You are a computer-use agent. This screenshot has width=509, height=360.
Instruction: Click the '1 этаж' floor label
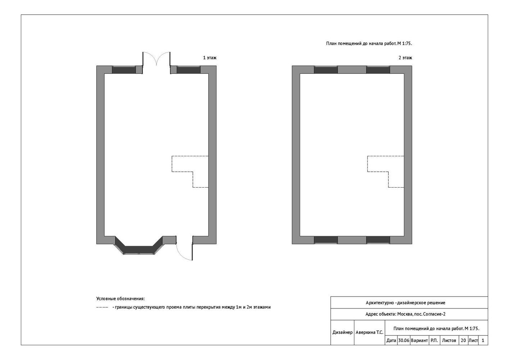[x=209, y=58]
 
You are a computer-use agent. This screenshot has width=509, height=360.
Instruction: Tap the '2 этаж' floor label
[x=405, y=58]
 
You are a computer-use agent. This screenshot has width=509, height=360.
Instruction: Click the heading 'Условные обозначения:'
[x=121, y=298]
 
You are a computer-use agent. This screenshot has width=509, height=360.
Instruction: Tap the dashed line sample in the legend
[x=102, y=307]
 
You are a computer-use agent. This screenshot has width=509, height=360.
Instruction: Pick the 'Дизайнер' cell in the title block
[x=342, y=333]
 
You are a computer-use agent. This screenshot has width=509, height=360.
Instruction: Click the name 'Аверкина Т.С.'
[x=369, y=333]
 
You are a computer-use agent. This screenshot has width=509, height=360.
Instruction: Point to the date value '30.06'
[x=404, y=341]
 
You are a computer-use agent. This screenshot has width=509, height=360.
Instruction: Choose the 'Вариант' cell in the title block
[x=419, y=341]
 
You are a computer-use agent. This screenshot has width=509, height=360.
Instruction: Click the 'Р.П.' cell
[x=434, y=341]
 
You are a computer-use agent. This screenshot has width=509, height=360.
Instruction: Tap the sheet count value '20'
[x=463, y=341]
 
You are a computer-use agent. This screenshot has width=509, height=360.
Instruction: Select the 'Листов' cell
[x=449, y=341]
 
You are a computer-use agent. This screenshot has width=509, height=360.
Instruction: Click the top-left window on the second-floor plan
[x=326, y=69]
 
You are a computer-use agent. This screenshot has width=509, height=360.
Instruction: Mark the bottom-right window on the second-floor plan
[x=378, y=240]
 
